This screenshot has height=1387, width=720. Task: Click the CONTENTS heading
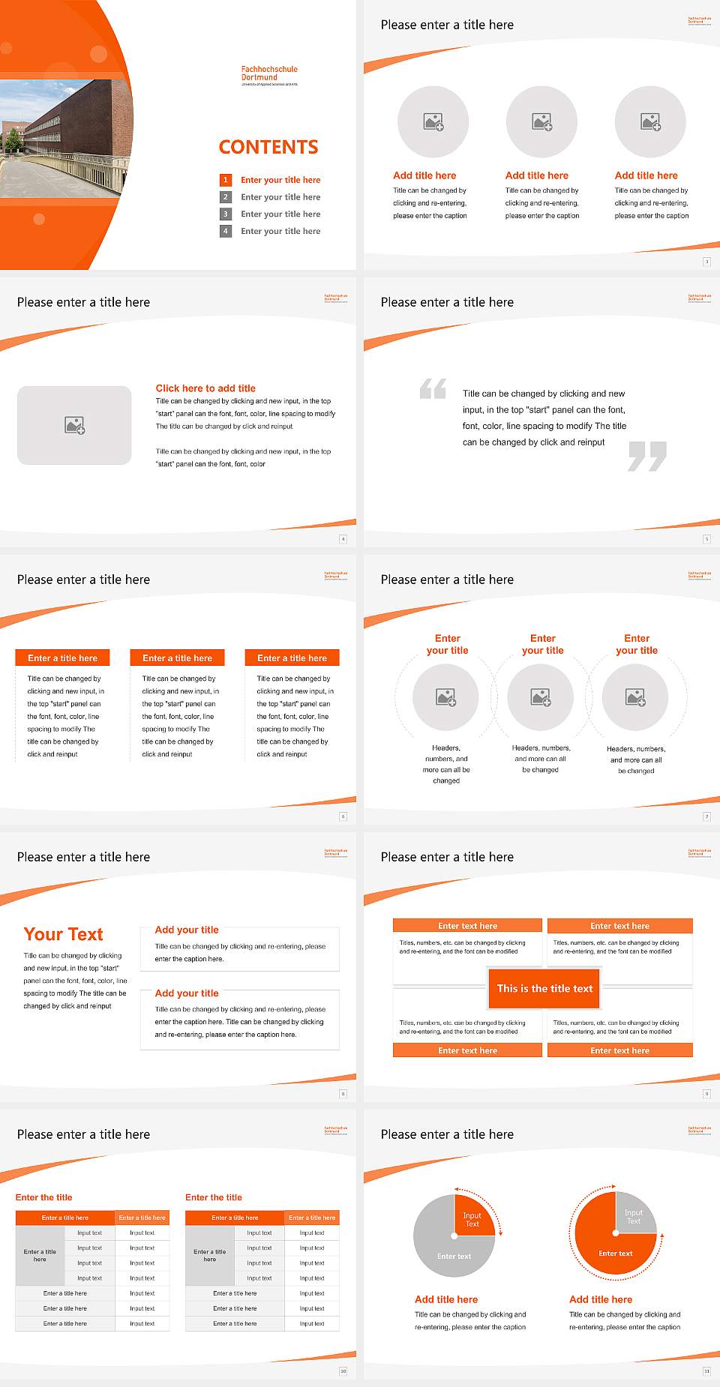click(x=268, y=147)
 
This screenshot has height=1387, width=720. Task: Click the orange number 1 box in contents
click(x=225, y=180)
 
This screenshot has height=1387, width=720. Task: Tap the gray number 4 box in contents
click(x=225, y=231)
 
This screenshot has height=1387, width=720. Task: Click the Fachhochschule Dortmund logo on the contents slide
click(x=269, y=75)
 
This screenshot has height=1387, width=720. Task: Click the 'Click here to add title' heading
click(x=205, y=388)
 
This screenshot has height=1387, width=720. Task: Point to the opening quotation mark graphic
click(x=433, y=388)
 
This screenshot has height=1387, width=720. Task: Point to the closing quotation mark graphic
click(x=647, y=456)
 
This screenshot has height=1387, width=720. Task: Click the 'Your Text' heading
click(x=64, y=934)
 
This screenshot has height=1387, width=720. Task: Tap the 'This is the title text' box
click(x=544, y=988)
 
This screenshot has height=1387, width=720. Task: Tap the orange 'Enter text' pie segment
click(x=611, y=1248)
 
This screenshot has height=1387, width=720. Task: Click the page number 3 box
click(x=706, y=262)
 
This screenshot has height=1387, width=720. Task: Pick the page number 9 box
click(x=706, y=1094)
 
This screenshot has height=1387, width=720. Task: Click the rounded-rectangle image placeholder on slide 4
click(x=74, y=425)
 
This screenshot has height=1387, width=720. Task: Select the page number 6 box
click(x=343, y=816)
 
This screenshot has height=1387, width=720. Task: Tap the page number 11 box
click(x=706, y=1371)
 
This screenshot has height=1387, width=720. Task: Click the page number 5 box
click(x=706, y=539)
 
